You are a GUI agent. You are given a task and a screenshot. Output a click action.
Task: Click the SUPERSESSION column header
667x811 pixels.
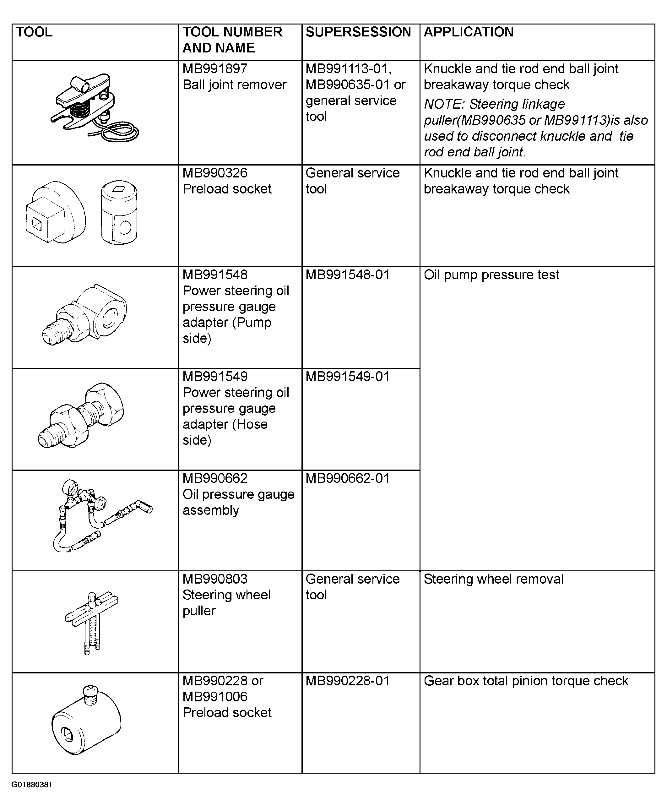point(358,32)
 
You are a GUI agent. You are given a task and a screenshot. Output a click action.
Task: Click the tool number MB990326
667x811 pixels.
point(215,173)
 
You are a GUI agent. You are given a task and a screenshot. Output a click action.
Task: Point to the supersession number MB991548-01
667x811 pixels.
point(347,275)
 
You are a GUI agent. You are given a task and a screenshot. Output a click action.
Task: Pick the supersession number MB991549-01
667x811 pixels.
point(347,377)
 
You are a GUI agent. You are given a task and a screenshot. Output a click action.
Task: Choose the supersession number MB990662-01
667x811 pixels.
point(347,479)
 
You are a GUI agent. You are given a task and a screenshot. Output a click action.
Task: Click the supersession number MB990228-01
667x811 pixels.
point(347,681)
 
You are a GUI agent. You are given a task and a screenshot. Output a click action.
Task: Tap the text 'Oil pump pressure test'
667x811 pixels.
point(491,275)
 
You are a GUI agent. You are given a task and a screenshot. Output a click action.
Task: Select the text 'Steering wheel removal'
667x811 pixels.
point(493,579)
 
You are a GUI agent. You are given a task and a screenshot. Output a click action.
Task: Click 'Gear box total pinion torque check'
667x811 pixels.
point(526,681)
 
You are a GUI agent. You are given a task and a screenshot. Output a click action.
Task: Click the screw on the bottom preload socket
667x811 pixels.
point(91,694)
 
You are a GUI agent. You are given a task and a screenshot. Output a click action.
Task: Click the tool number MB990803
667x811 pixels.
point(215,579)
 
